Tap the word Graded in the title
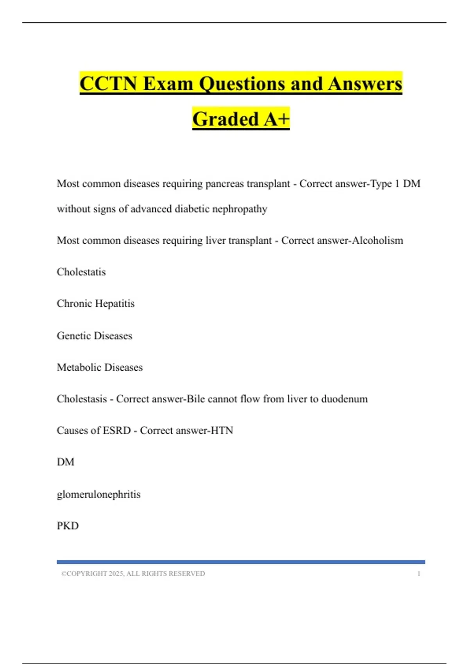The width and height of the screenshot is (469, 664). (226, 119)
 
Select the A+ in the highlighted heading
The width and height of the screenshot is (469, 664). (276, 119)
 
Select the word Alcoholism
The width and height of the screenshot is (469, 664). (378, 240)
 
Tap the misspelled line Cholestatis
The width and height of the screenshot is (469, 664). (81, 272)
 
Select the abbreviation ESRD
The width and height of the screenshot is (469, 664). (116, 430)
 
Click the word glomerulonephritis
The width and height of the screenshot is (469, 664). (98, 494)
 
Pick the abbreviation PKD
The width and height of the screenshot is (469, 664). (68, 526)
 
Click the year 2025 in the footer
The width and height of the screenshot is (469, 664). (116, 574)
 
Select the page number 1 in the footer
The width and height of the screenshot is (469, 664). (419, 574)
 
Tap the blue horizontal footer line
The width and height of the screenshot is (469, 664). (241, 562)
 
